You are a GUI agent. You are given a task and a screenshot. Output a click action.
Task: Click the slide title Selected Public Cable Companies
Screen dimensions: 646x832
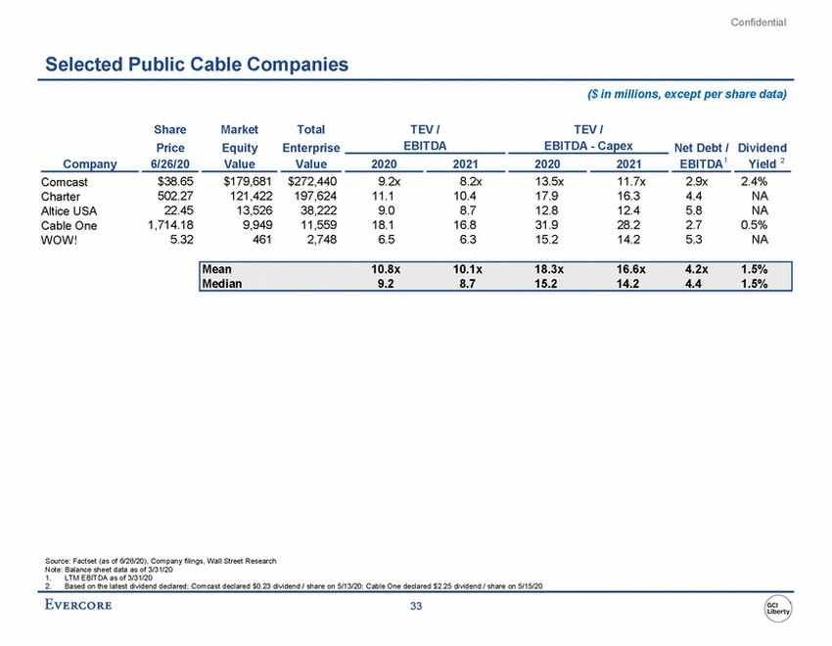click(x=197, y=65)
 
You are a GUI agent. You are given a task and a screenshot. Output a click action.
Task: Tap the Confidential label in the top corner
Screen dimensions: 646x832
click(x=759, y=23)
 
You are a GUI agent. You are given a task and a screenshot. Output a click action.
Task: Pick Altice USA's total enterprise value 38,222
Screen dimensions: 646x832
click(x=314, y=209)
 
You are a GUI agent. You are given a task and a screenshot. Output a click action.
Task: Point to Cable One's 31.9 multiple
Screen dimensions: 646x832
click(x=551, y=224)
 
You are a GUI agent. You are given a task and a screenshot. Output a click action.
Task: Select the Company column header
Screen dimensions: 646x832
click(x=90, y=164)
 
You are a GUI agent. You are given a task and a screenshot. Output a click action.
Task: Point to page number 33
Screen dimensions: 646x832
click(x=416, y=608)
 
